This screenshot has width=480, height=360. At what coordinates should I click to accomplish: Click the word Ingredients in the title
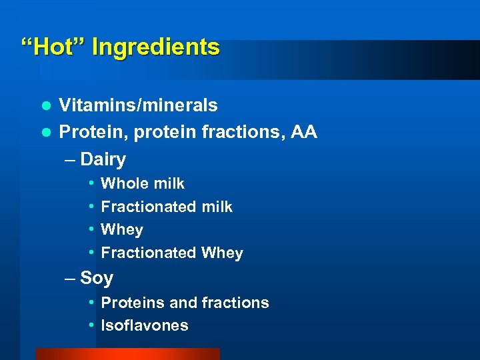[155, 47]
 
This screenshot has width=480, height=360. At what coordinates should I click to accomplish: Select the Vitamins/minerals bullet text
[138, 105]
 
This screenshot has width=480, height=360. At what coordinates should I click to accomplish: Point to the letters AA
[303, 133]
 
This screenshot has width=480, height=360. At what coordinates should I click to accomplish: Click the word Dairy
[103, 159]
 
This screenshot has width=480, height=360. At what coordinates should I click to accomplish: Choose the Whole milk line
[142, 183]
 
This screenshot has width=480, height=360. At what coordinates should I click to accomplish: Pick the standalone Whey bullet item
[121, 230]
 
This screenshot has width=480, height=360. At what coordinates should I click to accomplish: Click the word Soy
[97, 278]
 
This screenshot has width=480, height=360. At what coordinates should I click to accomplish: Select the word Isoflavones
[144, 326]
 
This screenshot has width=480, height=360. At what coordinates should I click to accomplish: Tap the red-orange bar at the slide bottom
[127, 354]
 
